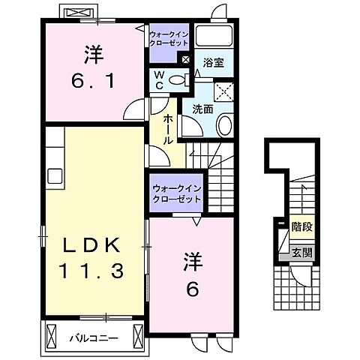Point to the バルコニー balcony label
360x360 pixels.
point(94,317)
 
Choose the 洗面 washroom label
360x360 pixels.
point(202,109)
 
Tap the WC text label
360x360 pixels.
point(160,78)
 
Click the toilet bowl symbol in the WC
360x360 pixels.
point(177,80)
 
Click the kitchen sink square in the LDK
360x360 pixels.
point(54,176)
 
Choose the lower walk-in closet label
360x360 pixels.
point(176,194)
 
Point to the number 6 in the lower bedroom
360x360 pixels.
point(191,286)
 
